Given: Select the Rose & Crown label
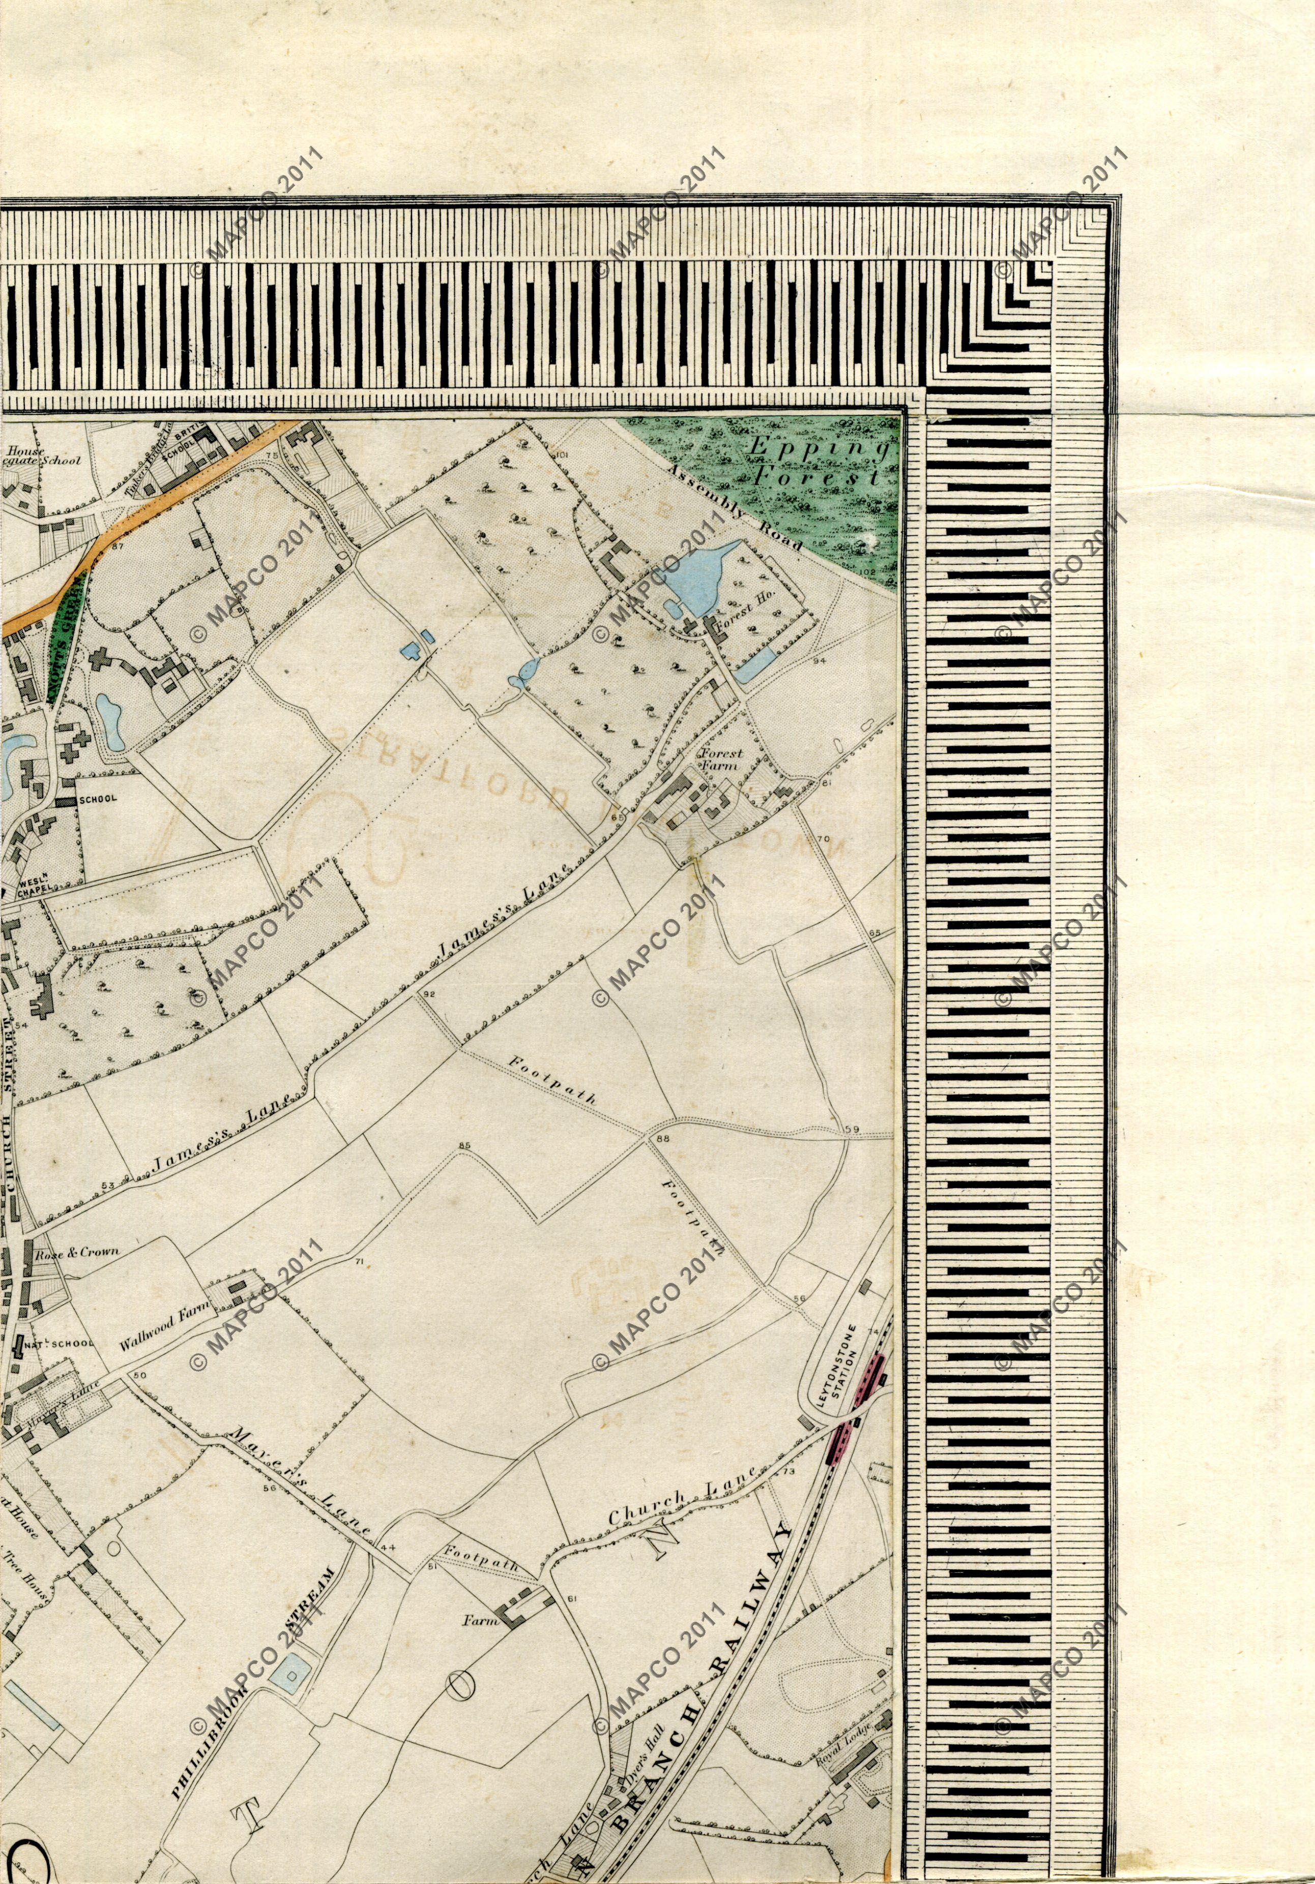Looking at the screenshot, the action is (76, 1252).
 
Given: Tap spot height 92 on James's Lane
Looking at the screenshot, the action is (428, 994).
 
